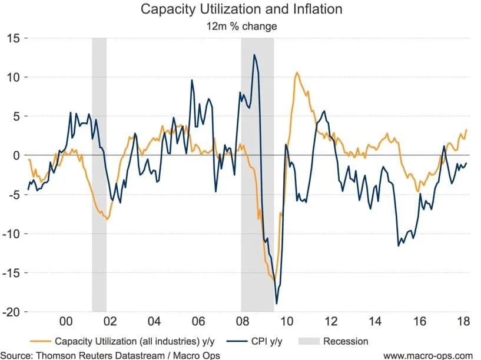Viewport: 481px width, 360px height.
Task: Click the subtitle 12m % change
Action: tap(242, 26)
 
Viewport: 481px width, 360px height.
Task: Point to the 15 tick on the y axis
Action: tap(14, 38)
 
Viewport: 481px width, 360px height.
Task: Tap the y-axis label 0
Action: tap(16, 155)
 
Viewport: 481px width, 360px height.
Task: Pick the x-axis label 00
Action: tap(66, 322)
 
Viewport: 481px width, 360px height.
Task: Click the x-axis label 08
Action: tap(242, 322)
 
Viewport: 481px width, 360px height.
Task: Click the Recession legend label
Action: tap(345, 341)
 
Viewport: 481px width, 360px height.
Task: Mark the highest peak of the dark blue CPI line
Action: tap(254, 55)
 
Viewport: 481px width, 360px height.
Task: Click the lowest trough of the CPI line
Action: tap(277, 304)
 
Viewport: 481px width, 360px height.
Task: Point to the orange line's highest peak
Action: tap(297, 72)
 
